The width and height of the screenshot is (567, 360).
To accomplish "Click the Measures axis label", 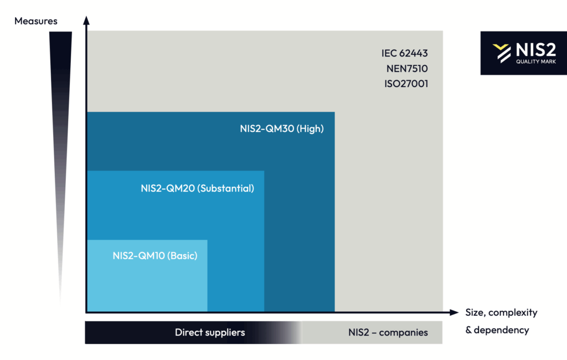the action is pyautogui.click(x=36, y=21).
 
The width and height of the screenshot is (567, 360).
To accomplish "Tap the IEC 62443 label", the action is pyautogui.click(x=405, y=53).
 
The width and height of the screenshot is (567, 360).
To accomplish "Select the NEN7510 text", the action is pyautogui.click(x=407, y=68).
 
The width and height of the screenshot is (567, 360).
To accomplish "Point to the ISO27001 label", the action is pyautogui.click(x=406, y=84).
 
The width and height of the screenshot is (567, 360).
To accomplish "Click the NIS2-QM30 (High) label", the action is pyautogui.click(x=282, y=128).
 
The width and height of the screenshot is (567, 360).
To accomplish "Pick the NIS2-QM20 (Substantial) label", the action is pyautogui.click(x=198, y=188).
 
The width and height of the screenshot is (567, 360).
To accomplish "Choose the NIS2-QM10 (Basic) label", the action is pyautogui.click(x=155, y=255).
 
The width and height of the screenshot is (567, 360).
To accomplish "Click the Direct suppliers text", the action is pyautogui.click(x=210, y=332).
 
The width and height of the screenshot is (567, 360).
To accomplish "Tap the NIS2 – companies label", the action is pyautogui.click(x=388, y=332).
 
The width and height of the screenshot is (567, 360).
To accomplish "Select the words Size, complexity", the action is pyautogui.click(x=501, y=312).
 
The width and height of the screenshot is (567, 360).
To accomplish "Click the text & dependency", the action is pyautogui.click(x=497, y=330).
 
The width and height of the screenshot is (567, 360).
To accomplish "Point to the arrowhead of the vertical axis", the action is pyautogui.click(x=86, y=20).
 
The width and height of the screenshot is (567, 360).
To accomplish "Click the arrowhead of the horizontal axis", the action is pyautogui.click(x=454, y=312).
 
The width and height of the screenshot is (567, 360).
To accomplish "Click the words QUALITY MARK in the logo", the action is pyautogui.click(x=536, y=61).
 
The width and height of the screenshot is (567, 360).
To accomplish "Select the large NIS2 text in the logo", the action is pyautogui.click(x=536, y=49).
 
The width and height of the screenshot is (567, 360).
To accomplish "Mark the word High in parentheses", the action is pyautogui.click(x=310, y=128).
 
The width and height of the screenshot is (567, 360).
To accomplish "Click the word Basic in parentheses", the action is pyautogui.click(x=184, y=255).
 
